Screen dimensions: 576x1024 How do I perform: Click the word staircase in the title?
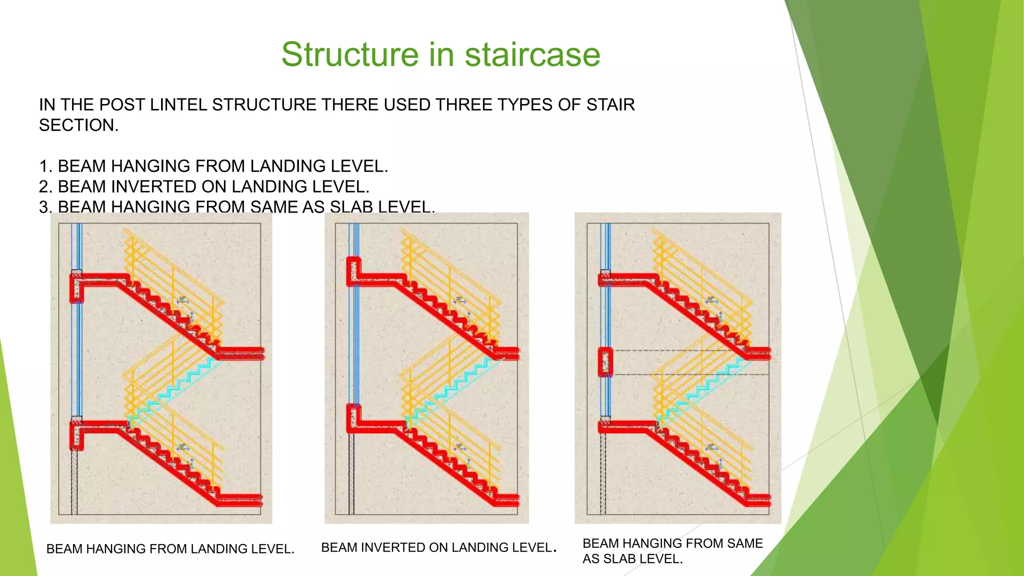point(532,55)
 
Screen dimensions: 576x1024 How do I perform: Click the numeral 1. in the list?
point(46,166)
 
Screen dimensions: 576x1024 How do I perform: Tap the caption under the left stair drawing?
point(170,549)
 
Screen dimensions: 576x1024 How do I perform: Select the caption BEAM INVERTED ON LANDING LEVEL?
point(438,548)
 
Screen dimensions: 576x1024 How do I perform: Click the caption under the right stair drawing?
point(672,551)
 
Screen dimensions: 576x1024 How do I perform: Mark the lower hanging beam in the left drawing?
point(76,435)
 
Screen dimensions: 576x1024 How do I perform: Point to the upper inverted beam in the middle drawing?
point(353,271)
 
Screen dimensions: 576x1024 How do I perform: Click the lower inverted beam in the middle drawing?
point(354,418)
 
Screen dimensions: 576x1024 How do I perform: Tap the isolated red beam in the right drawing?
point(605,362)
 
